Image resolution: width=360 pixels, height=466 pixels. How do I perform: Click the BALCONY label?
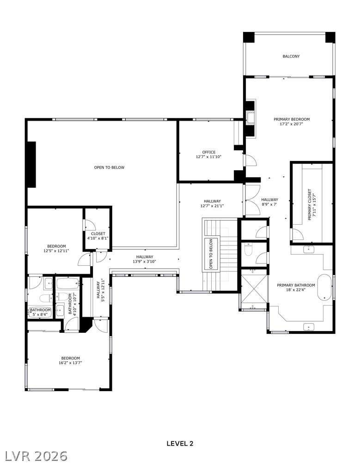click(291, 56)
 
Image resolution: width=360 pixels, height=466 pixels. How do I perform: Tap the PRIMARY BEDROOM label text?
click(292, 119)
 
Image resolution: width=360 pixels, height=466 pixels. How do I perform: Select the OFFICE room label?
click(209, 152)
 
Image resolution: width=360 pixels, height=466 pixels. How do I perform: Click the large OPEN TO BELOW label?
click(110, 167)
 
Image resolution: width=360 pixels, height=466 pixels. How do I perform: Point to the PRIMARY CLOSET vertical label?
click(310, 204)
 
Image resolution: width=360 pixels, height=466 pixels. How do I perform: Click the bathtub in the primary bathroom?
click(324, 288)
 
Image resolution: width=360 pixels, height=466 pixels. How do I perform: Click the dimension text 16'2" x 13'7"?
click(70, 362)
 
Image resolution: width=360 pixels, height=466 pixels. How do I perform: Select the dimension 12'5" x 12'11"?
click(56, 251)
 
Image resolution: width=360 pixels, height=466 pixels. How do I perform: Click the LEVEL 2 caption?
click(180, 444)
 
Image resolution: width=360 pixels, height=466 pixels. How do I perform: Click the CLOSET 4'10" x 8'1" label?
click(98, 236)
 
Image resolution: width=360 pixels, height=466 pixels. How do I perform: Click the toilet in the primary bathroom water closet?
click(248, 250)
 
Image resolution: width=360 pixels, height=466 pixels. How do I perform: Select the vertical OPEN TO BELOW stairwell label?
click(211, 254)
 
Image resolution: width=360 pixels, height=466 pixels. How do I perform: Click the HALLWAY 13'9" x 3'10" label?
click(145, 259)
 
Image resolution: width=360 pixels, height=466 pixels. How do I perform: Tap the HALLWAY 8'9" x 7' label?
click(270, 202)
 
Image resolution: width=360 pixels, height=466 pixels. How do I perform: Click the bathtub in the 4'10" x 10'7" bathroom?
click(67, 283)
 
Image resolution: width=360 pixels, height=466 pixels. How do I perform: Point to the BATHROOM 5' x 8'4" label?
click(40, 312)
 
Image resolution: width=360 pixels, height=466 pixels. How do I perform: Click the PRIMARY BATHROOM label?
click(296, 288)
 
